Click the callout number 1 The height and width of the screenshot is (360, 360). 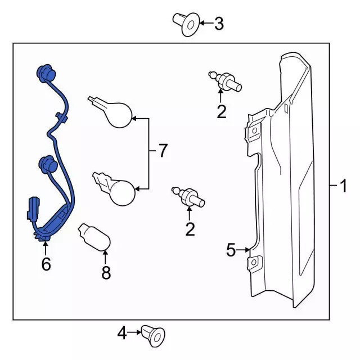tap(344, 186)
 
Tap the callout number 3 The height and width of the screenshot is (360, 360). tap(219, 24)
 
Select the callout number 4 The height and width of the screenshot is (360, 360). tap(122, 332)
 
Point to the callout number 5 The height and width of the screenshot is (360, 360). tap(231, 250)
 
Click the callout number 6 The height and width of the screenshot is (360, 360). tap(46, 264)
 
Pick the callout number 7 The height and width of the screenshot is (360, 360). tap(163, 151)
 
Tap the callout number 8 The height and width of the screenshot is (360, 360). tap(106, 272)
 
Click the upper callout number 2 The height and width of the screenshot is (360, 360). tap(222, 112)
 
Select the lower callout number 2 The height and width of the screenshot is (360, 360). tap(190, 229)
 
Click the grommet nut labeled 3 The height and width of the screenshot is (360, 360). tap(186, 24)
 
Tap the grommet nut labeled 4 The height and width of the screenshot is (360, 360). tap(153, 336)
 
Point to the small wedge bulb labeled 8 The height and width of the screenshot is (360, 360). tap(94, 237)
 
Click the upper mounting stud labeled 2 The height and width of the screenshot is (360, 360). tap(225, 82)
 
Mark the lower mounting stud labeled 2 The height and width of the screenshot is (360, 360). tap(188, 197)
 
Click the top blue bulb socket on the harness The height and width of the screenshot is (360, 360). tap(46, 73)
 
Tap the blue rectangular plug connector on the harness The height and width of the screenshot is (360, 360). tap(34, 208)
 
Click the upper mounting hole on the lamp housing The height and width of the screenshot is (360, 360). tap(255, 130)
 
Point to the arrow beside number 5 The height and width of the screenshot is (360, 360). tap(243, 250)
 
